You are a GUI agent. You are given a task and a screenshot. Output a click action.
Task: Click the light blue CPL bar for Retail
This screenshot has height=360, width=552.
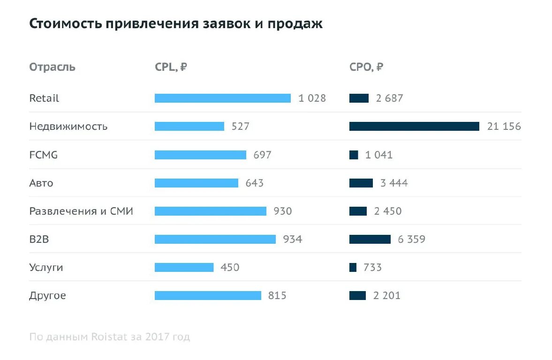point(222,98)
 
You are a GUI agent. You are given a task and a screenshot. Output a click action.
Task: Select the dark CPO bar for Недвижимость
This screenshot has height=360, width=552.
point(414,127)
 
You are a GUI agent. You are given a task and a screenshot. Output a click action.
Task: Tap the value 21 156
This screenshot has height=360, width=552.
point(504,127)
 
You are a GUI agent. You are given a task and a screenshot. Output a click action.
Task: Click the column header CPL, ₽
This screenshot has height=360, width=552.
point(171,67)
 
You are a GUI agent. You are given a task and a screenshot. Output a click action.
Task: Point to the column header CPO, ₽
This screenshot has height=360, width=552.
point(366,67)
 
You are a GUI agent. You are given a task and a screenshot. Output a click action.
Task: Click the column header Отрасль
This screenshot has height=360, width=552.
point(52,67)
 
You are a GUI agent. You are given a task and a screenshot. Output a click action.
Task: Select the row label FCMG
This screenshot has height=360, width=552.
point(44,155)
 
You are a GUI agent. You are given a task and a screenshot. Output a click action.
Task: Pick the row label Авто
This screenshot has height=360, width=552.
point(41,183)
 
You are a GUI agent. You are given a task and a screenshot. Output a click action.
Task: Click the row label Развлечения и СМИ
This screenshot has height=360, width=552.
point(81,211)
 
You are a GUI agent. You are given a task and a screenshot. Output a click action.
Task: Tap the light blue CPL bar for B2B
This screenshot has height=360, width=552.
point(215,239)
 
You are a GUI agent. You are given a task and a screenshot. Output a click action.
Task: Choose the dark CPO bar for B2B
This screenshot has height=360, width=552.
point(370,239)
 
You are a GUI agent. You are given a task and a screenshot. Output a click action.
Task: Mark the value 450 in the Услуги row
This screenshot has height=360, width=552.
point(230,267)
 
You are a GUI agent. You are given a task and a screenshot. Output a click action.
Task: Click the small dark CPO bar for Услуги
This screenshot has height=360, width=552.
point(353,267)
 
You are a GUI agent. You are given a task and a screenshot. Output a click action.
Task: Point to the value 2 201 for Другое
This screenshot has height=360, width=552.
point(387,295)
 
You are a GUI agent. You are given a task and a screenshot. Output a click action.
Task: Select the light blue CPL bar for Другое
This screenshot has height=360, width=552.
point(208,295)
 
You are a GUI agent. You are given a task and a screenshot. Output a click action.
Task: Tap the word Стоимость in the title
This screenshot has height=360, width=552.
point(65,24)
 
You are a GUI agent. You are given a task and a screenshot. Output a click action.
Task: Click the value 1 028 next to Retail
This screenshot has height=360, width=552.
point(312,98)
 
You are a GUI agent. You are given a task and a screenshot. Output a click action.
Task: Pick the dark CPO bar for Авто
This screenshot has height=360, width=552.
point(361,183)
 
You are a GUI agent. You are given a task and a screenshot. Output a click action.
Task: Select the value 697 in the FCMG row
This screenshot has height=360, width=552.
point(262,155)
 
